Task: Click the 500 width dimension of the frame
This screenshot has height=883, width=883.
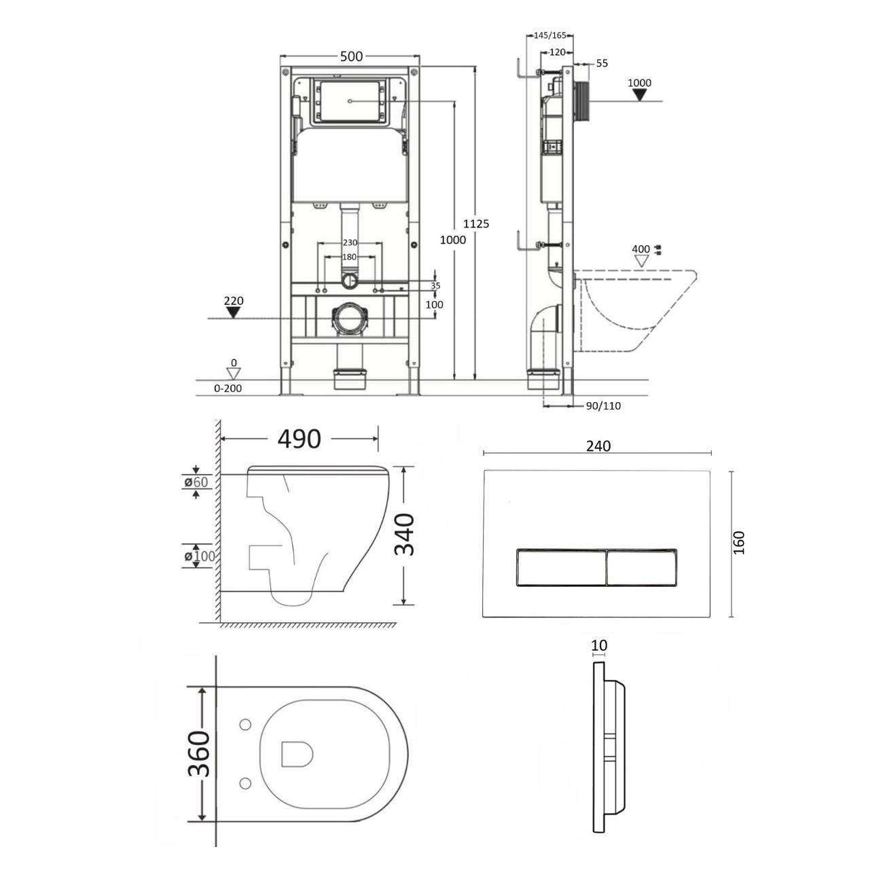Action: [x=351, y=56]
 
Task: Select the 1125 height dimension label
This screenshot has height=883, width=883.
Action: [x=475, y=223]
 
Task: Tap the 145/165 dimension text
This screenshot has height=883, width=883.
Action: [x=550, y=35]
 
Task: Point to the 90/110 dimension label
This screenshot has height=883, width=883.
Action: [x=603, y=406]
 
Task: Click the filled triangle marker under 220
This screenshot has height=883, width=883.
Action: [x=234, y=312]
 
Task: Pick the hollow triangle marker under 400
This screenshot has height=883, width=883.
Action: [x=641, y=261]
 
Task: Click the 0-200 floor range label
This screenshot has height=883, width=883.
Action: [x=228, y=388]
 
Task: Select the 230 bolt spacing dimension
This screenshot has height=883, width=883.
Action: [x=350, y=243]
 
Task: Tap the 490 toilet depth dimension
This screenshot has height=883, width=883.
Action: [x=300, y=439]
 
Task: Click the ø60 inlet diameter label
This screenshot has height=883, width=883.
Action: [x=196, y=482]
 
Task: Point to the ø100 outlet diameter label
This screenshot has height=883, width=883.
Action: [x=199, y=556]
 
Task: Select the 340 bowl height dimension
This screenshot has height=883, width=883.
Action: [x=405, y=535]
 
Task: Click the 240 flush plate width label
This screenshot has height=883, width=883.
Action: [x=598, y=446]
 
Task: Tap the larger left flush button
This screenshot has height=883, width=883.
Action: [x=561, y=567]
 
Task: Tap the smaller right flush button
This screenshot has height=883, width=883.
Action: [x=641, y=567]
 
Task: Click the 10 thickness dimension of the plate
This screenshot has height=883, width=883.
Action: [x=599, y=645]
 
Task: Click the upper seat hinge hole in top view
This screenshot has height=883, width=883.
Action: [x=245, y=725]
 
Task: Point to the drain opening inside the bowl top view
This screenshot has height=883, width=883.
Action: [x=297, y=753]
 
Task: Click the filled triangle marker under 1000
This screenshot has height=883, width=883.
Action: [x=639, y=95]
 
